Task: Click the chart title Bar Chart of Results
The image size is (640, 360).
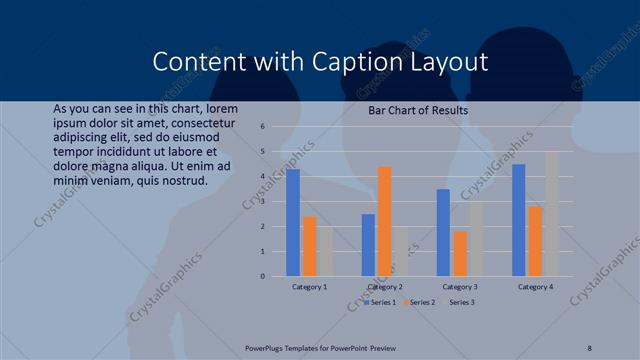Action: (419, 111)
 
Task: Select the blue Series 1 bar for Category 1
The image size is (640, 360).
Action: (293, 222)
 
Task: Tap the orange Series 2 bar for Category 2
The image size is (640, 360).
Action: (385, 221)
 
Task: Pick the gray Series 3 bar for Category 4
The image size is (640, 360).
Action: (552, 214)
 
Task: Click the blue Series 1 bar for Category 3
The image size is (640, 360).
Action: (443, 232)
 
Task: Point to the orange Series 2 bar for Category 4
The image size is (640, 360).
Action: (535, 241)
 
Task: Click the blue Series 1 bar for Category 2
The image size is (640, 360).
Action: (368, 244)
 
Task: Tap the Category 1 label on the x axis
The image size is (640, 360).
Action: (309, 287)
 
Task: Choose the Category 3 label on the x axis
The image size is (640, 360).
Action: (459, 287)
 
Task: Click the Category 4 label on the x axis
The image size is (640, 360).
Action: (535, 287)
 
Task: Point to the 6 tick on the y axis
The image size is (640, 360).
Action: (261, 127)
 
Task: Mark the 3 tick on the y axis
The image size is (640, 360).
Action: (261, 201)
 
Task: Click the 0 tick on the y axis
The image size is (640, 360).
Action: (261, 276)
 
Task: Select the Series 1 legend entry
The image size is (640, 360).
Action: (382, 302)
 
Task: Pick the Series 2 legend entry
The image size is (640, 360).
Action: (420, 302)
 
